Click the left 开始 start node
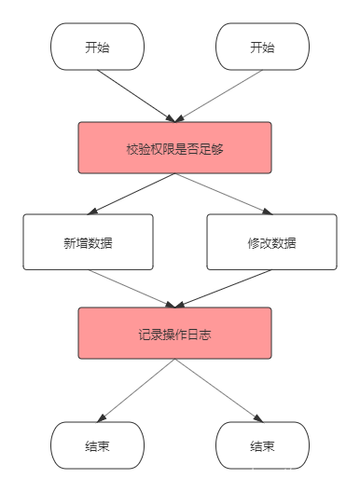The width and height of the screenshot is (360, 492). click(x=97, y=48)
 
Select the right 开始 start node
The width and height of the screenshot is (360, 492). click(x=262, y=48)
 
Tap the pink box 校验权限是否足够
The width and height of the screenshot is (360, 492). click(x=175, y=147)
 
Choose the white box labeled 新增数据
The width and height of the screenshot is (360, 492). click(x=88, y=242)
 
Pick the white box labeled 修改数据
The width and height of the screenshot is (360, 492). click(x=271, y=242)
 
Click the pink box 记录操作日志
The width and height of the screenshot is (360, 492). click(x=175, y=333)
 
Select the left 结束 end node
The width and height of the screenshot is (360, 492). click(x=97, y=445)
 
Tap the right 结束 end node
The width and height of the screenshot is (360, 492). click(x=262, y=445)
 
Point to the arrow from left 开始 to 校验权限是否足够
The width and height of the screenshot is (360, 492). click(x=135, y=95)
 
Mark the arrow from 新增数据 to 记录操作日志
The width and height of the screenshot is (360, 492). click(x=132, y=289)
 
